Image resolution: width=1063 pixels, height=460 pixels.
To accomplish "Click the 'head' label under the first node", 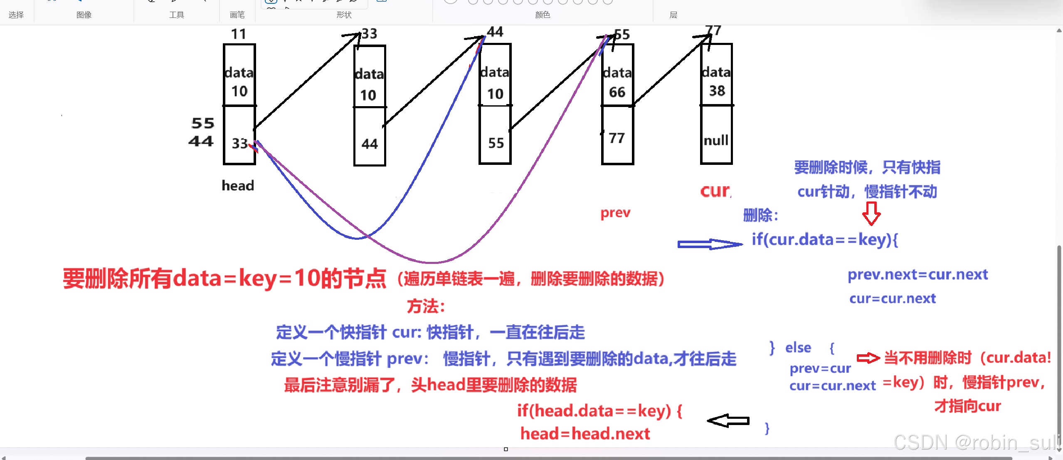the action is tap(238, 185).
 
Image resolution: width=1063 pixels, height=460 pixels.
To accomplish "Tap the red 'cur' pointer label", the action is tap(715, 191).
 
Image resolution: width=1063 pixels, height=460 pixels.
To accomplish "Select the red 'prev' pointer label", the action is tap(615, 213).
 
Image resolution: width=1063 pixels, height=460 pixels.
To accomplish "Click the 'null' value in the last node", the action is tap(716, 140).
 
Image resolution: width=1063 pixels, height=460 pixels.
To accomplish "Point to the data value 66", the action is tap(617, 92).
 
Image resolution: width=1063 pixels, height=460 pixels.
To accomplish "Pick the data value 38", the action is tap(717, 90).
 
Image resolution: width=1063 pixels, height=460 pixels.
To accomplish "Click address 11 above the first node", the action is tap(239, 34).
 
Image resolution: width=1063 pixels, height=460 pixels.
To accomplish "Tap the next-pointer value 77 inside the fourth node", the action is tap(617, 138).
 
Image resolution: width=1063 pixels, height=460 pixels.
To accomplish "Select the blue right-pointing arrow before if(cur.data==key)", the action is tap(710, 244).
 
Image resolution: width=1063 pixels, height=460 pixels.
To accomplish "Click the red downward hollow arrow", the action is tap(871, 213).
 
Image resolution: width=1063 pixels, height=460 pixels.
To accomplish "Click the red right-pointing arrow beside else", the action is tap(868, 358).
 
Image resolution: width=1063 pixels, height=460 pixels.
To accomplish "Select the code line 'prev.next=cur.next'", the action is tap(917, 275).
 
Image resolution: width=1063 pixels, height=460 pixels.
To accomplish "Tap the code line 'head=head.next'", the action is tap(585, 434).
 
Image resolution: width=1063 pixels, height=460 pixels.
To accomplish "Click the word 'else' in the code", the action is tap(798, 347).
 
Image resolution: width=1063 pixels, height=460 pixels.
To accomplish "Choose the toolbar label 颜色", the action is tap(543, 15).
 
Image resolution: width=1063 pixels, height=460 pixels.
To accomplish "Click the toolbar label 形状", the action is tap(344, 15).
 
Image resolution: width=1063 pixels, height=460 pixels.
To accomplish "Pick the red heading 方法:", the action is tap(426, 306).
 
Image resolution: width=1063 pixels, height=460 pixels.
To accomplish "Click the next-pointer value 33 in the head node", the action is tap(240, 143).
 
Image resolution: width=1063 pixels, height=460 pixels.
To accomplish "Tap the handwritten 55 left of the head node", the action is tap(203, 123).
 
